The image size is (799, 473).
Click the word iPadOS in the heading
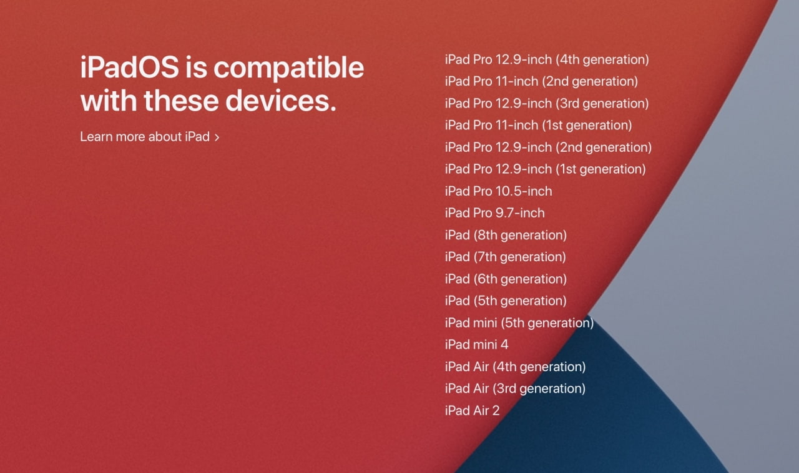pos(129,67)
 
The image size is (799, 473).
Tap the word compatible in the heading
pos(288,69)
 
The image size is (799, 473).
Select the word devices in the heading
pos(281,101)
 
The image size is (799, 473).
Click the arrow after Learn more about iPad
pos(217,137)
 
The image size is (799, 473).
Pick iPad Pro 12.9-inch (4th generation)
pos(547,59)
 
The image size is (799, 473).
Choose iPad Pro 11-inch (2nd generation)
pos(541,81)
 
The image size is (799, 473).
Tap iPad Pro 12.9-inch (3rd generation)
pos(547,104)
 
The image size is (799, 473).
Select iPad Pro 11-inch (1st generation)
pos(538,126)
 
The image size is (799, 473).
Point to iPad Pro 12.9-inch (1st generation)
pos(545,169)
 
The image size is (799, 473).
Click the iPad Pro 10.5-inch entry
pos(498,191)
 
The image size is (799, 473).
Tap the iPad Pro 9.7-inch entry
pos(495,213)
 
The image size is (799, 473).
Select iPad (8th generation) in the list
pos(506,236)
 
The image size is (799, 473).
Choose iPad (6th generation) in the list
pos(506,279)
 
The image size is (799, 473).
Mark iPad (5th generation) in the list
pos(506,301)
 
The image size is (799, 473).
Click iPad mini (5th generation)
pos(519,323)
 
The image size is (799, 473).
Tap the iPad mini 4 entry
pos(476,344)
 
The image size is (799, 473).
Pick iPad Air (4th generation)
pos(515,367)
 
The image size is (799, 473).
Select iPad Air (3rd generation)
pos(515,389)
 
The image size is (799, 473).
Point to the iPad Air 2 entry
pos(473,411)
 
